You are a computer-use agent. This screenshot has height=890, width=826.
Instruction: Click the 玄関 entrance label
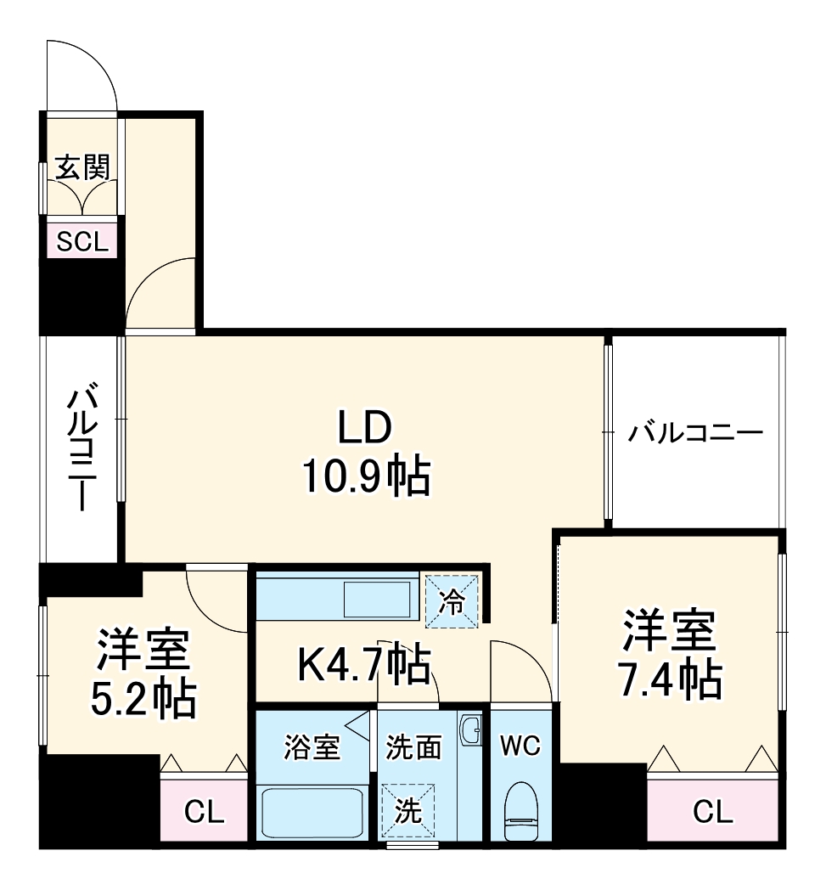tap(81, 167)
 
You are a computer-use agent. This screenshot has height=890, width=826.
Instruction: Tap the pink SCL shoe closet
tap(82, 242)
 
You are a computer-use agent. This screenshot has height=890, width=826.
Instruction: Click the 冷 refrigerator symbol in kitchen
tap(452, 601)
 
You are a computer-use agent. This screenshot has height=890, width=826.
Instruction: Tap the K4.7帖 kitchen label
tap(363, 664)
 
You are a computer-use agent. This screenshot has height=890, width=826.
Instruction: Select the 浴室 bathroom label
tap(311, 748)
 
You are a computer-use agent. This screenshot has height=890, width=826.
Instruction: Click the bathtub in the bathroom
tap(312, 813)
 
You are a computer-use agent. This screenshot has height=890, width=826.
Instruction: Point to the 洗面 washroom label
tap(413, 747)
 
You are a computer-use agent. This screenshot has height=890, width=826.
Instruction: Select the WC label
tap(520, 746)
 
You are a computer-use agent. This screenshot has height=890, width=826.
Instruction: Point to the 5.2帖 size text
tap(143, 698)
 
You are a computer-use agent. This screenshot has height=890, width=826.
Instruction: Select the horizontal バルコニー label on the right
tap(695, 433)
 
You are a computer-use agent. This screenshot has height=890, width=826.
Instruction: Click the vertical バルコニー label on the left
tap(82, 448)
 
